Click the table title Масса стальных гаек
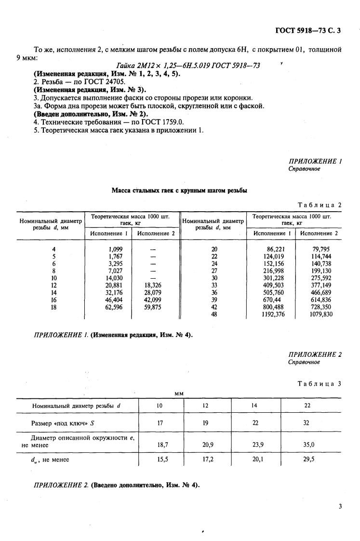(x=179, y=191)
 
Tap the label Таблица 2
(x=320, y=205)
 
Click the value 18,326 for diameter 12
(x=153, y=285)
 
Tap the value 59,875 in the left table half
(x=153, y=307)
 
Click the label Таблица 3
(x=320, y=384)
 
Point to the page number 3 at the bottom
(x=340, y=506)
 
